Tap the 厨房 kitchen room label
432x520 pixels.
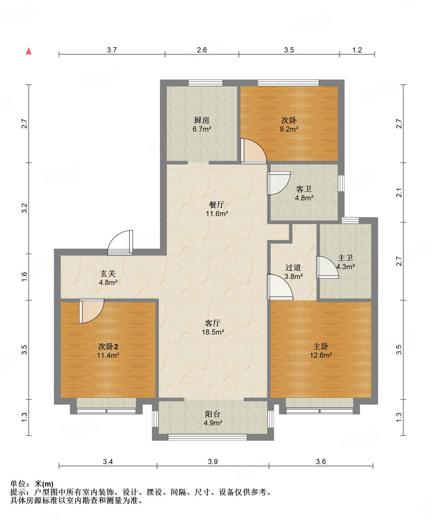pyautogui.click(x=202, y=120)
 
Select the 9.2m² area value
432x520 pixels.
pyautogui.click(x=289, y=129)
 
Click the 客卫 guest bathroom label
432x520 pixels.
pyautogui.click(x=304, y=189)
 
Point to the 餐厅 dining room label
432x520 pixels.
pyautogui.click(x=217, y=205)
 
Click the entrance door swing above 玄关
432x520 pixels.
pyautogui.click(x=120, y=243)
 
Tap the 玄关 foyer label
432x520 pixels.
pyautogui.click(x=108, y=273)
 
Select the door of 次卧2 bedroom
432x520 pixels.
pyautogui.click(x=91, y=311)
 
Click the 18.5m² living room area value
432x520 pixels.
pyautogui.click(x=212, y=332)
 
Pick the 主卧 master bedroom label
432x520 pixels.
pyautogui.click(x=321, y=347)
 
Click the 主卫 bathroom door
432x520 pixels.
pyautogui.click(x=327, y=267)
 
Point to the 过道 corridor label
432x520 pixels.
pyautogui.click(x=293, y=267)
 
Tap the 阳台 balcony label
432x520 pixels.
pyautogui.click(x=213, y=414)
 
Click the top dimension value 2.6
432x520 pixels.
pyautogui.click(x=202, y=50)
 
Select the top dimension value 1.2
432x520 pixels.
pyautogui.click(x=357, y=50)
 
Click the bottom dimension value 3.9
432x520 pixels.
pyautogui.click(x=213, y=461)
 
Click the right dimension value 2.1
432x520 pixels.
pyautogui.click(x=399, y=192)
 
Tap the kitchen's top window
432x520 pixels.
pyautogui.click(x=206, y=83)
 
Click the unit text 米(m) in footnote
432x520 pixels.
pyautogui.click(x=44, y=484)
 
